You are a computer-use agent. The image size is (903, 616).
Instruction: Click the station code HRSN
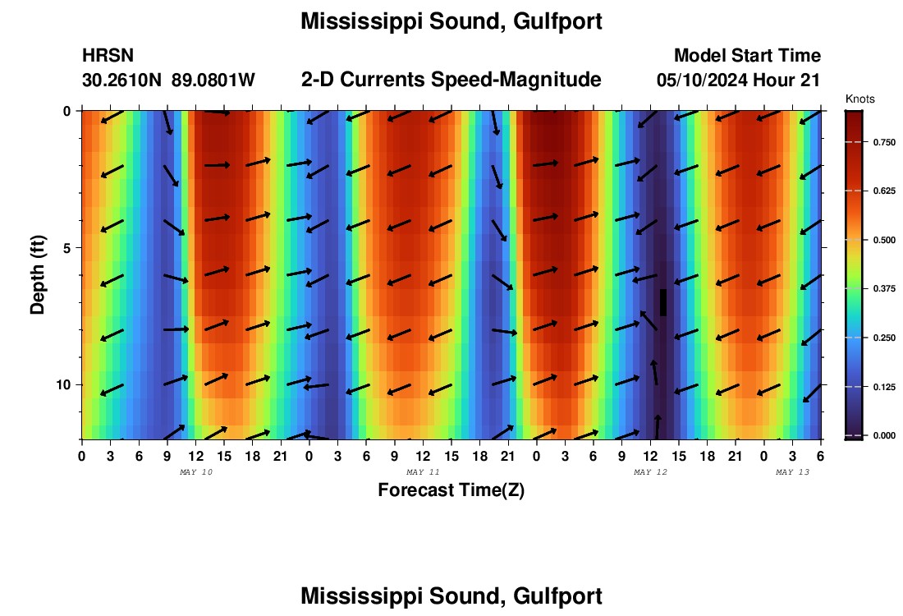coord(108,56)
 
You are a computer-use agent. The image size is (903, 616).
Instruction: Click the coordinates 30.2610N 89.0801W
coord(168,80)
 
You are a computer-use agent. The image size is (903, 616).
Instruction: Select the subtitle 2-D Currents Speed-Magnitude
coord(451,80)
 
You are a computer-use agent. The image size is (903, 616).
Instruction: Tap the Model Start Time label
coord(747,56)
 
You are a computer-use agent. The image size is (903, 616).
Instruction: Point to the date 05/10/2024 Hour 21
coord(739,80)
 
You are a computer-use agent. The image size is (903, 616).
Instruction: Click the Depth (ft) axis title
coord(38,274)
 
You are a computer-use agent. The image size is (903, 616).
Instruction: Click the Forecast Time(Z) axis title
coord(451,490)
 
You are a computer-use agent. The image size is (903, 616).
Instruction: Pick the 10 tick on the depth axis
coord(66,384)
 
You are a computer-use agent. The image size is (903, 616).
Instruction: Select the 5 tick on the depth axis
coord(69,247)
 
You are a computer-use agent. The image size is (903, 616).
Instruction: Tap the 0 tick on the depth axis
coord(69,110)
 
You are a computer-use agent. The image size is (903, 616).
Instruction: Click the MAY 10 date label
coord(195,472)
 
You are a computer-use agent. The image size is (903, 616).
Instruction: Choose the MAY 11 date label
coord(423,472)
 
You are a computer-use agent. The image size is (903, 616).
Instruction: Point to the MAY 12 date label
coord(650,472)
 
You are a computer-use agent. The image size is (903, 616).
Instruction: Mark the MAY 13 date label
coord(792,472)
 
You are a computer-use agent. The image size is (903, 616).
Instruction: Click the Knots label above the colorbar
coord(859,99)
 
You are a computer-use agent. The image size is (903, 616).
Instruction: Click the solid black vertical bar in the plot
coord(663,302)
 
